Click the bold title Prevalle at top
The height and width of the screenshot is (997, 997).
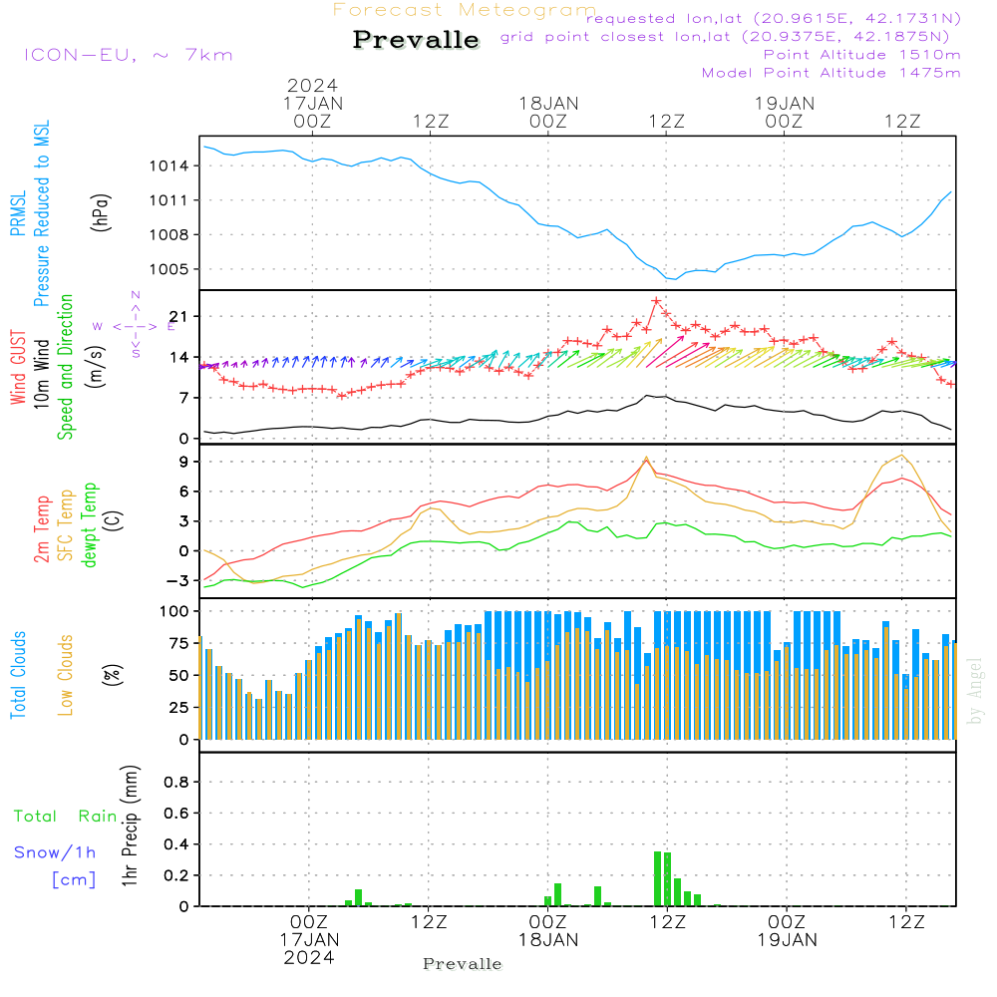pos(416,40)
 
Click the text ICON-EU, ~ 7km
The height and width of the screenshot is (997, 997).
pos(128,54)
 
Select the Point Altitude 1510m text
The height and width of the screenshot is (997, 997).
pos(861,54)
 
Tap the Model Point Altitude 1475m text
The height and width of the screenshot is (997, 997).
pos(831,72)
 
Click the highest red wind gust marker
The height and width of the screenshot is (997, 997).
pos(656,301)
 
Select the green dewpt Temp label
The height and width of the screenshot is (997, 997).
pos(90,524)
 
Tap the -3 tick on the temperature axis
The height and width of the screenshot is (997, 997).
pos(176,580)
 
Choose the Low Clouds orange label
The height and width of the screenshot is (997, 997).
pos(66,672)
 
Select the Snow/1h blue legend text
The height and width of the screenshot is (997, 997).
pos(56,852)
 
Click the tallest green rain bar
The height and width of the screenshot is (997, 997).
pos(658,877)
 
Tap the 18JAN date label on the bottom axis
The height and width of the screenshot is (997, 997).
pos(547,940)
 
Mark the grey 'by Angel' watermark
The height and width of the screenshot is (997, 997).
pos(975,691)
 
